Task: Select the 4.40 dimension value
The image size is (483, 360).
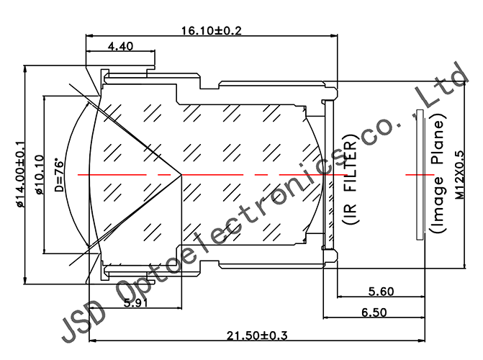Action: coord(119,47)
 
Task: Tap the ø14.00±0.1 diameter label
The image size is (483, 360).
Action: coord(20,174)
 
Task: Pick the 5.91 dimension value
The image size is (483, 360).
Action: coord(137,303)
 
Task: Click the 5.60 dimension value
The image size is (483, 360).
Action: coord(381,292)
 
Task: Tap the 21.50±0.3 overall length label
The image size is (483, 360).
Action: coord(257,336)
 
